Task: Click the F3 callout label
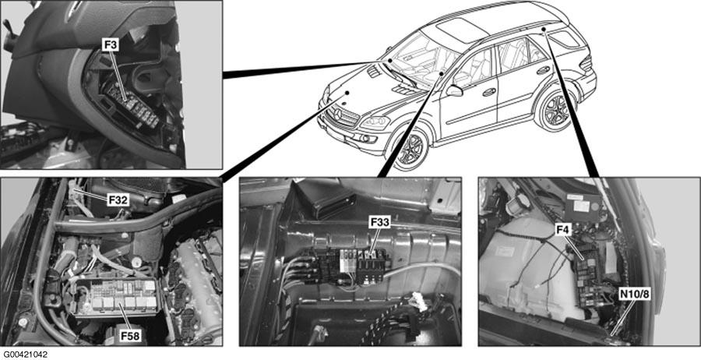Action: (x=109, y=45)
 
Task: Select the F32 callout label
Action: (x=118, y=199)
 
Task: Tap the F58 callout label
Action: (x=131, y=335)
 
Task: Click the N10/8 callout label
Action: (x=634, y=295)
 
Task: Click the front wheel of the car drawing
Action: (x=410, y=149)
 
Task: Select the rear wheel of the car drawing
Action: (x=555, y=110)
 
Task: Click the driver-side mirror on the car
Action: (x=454, y=91)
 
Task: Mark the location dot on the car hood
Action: (x=347, y=94)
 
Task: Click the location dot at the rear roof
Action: (x=544, y=30)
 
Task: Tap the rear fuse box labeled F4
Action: (x=587, y=277)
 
